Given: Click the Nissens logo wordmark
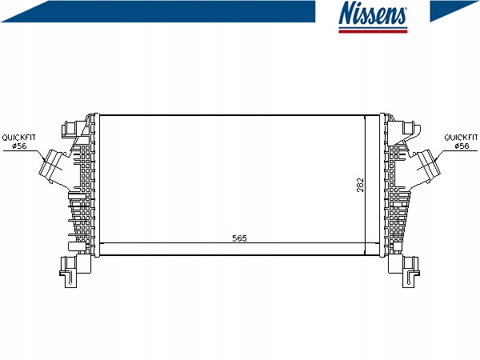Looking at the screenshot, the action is pos(373,13).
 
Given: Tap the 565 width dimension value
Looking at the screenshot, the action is pos(239,238).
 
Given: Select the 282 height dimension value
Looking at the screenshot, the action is pos(361,185).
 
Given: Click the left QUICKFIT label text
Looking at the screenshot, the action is pos(18,138).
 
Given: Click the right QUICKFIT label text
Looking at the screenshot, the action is pos(461,138).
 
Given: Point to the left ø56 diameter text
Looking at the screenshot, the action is pos(19,146).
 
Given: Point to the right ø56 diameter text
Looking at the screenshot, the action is pos(462,146).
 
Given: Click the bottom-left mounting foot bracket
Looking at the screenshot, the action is pos(74,270).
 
